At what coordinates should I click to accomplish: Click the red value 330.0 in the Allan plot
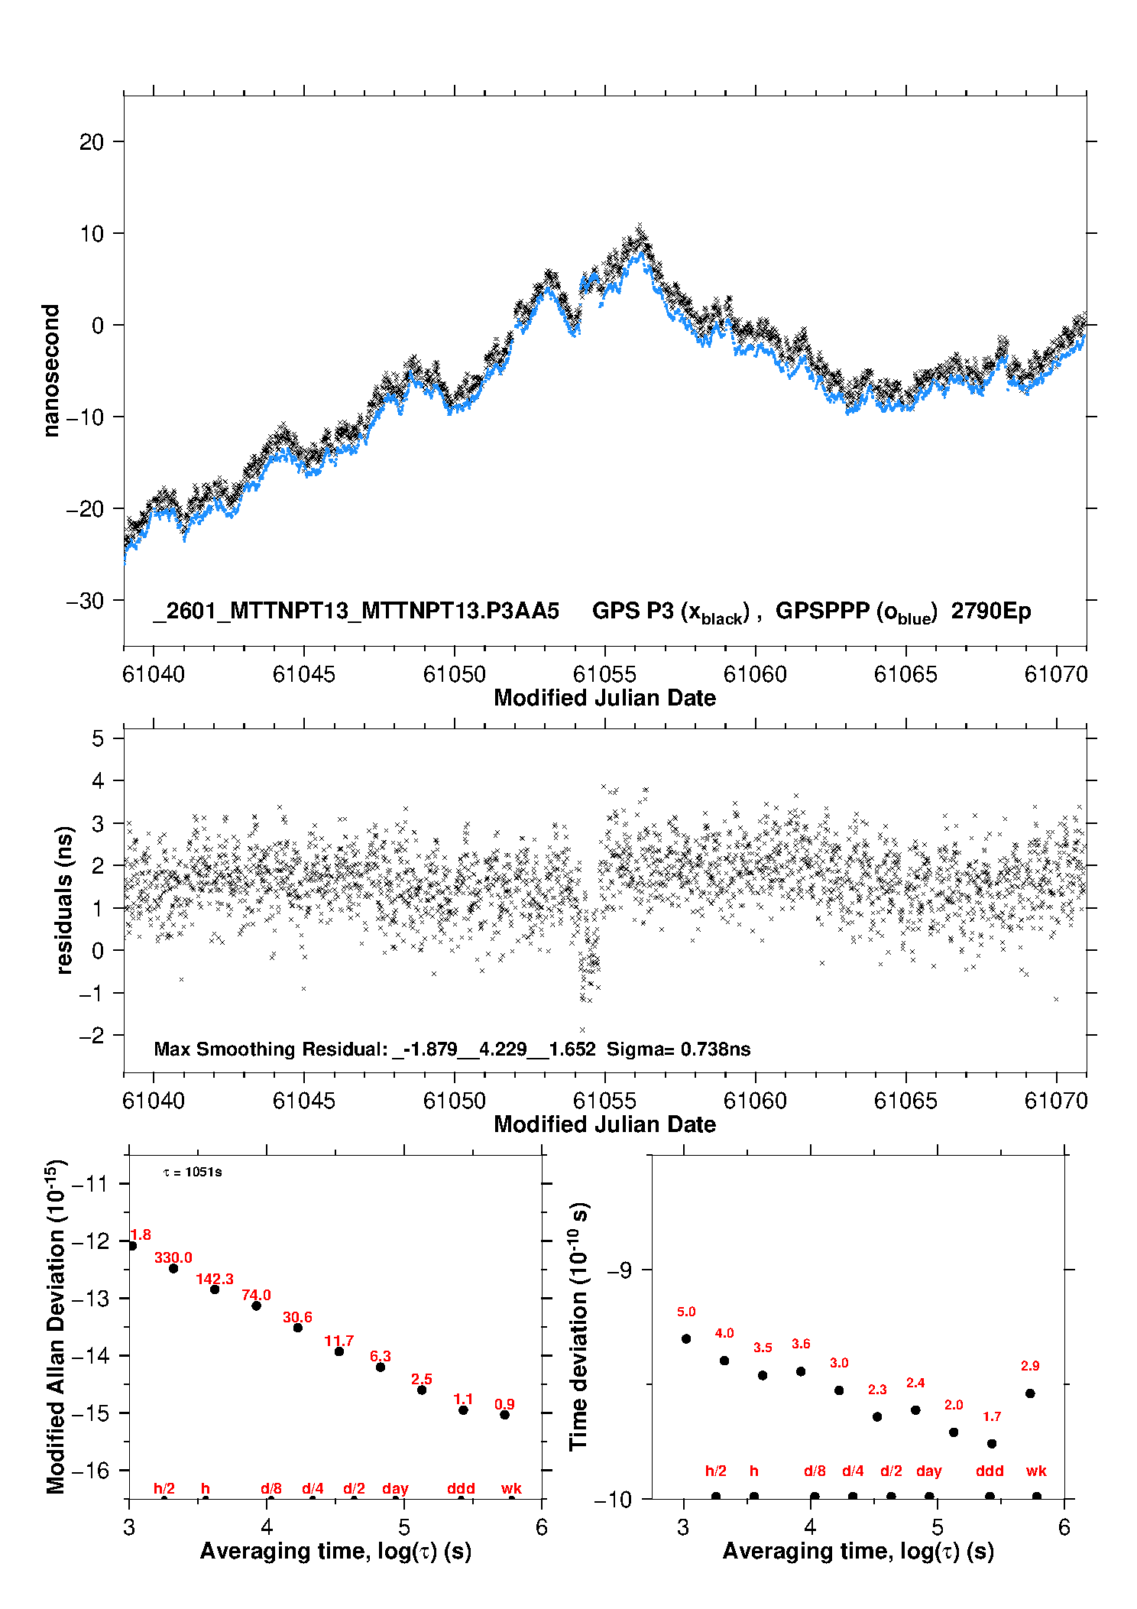click(173, 1257)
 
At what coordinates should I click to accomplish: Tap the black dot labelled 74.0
click(257, 1306)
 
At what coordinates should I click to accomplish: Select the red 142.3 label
click(215, 1279)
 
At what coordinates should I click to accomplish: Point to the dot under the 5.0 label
click(686, 1338)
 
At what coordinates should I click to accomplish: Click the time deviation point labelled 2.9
click(1030, 1393)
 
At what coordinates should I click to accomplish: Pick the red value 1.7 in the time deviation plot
click(992, 1416)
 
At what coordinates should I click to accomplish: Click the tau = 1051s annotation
click(193, 1172)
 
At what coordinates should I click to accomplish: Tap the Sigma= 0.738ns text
click(679, 1049)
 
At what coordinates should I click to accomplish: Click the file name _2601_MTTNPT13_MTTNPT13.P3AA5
click(356, 611)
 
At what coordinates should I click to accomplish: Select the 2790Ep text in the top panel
click(991, 611)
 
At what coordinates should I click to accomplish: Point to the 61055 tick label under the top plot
click(604, 674)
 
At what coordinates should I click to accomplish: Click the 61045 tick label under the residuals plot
click(304, 1101)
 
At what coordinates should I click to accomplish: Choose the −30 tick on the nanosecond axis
click(84, 601)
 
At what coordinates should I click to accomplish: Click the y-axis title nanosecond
click(51, 371)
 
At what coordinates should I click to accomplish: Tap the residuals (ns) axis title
click(64, 900)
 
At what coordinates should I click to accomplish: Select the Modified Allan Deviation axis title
click(55, 1326)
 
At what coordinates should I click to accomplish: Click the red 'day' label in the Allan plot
click(395, 1488)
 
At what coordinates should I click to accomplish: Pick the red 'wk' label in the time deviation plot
click(1036, 1471)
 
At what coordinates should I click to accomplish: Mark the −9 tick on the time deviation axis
click(619, 1270)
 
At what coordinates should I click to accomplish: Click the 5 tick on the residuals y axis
click(98, 738)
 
